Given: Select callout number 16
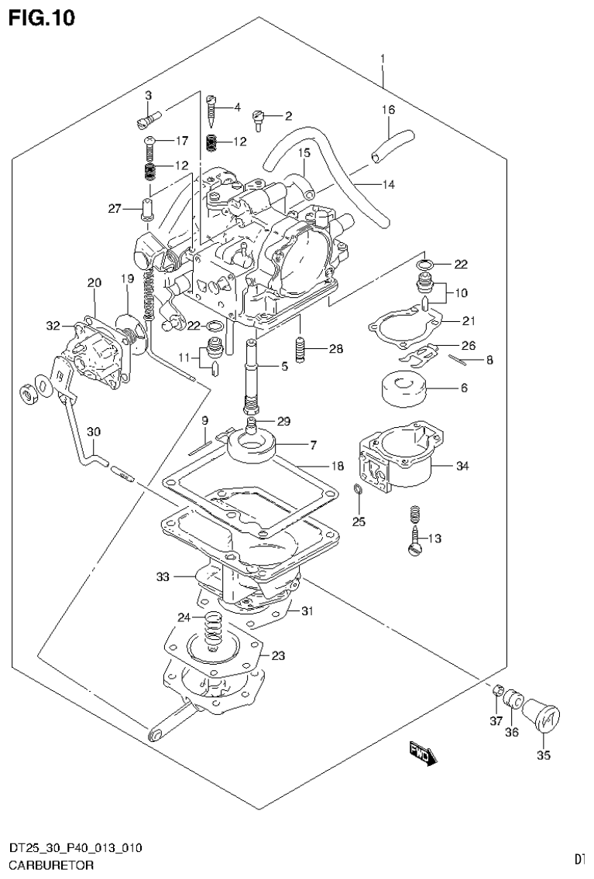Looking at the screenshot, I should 387,110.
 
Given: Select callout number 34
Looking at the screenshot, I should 463,466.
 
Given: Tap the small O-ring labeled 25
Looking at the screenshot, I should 357,489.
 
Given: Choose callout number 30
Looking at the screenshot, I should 93,432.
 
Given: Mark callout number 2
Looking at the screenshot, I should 287,116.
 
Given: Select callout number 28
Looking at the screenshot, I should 335,350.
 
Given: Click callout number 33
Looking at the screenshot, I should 163,576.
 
